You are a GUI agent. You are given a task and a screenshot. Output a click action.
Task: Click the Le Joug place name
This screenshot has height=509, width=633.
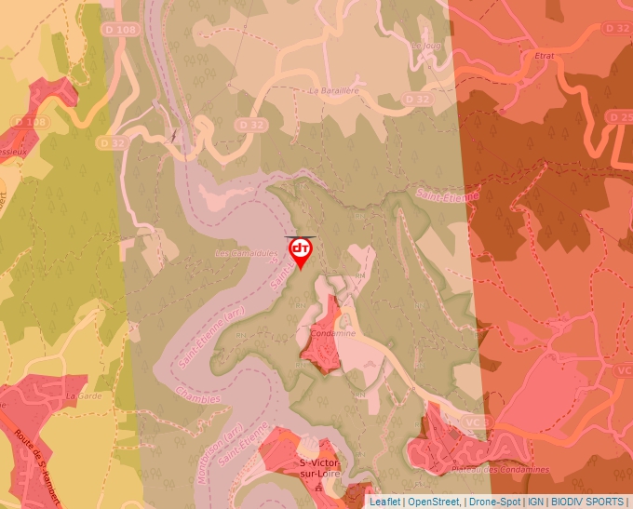(x=425, y=44)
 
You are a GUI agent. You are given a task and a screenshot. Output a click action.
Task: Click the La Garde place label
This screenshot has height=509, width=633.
(x=82, y=395)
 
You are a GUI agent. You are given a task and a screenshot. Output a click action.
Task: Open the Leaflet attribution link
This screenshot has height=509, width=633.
(x=384, y=502)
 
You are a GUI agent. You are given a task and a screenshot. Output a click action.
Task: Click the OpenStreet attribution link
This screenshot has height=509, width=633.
(x=434, y=502)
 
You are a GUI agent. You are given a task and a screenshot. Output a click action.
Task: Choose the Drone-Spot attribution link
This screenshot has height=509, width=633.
(x=494, y=502)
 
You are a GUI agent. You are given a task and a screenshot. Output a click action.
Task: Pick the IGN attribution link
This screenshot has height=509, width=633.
(x=535, y=502)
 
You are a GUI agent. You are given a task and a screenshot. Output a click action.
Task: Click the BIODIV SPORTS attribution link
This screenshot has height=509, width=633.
(x=586, y=502)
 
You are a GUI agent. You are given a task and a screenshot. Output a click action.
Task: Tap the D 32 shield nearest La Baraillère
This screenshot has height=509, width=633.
(x=417, y=99)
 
